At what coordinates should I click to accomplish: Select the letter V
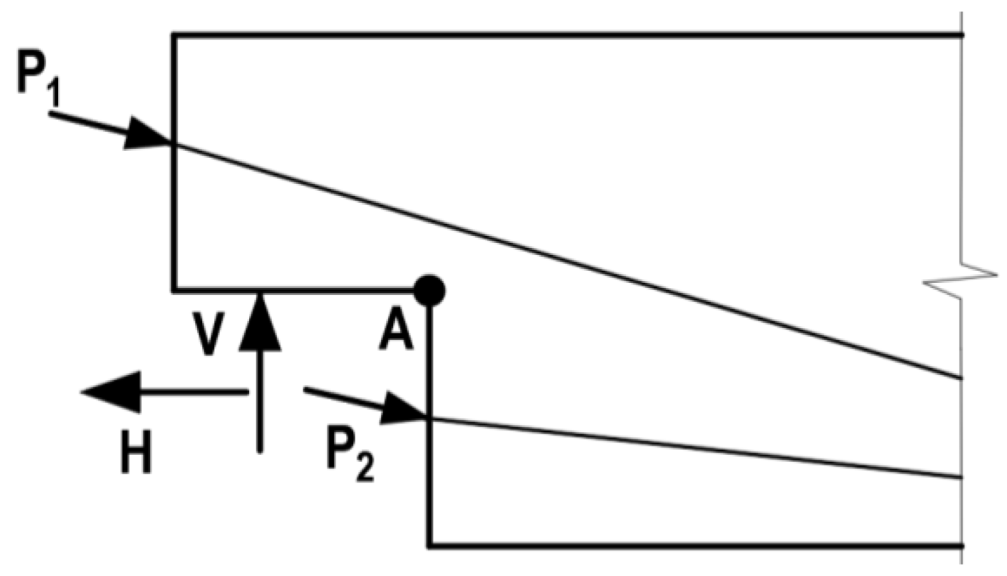(x=208, y=334)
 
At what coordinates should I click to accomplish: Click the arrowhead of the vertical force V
(x=260, y=321)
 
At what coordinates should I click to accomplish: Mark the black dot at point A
(x=429, y=291)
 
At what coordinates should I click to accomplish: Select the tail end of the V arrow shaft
(x=260, y=451)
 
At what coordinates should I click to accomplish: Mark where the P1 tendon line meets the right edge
(x=962, y=378)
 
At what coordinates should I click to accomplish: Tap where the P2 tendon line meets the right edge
(x=962, y=478)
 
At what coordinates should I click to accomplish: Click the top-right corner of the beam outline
(x=962, y=35)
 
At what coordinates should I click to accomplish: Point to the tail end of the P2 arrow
(x=305, y=389)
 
